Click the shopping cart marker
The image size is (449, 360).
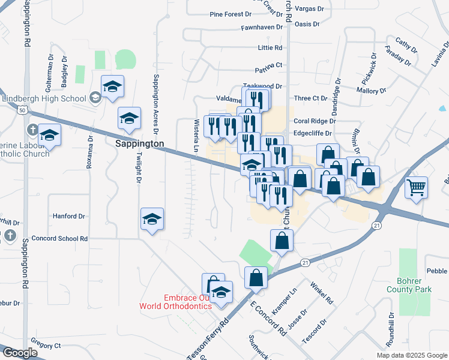(416, 188)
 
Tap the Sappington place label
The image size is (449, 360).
(140, 144)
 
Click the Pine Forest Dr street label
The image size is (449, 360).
(231, 14)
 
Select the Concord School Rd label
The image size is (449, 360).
(60, 238)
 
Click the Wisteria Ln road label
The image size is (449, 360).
(196, 135)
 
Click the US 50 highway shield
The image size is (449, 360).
(22, 110)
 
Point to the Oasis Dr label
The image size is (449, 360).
(307, 25)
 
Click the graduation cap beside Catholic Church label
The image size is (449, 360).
(50, 135)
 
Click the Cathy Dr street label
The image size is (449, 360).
(406, 44)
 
